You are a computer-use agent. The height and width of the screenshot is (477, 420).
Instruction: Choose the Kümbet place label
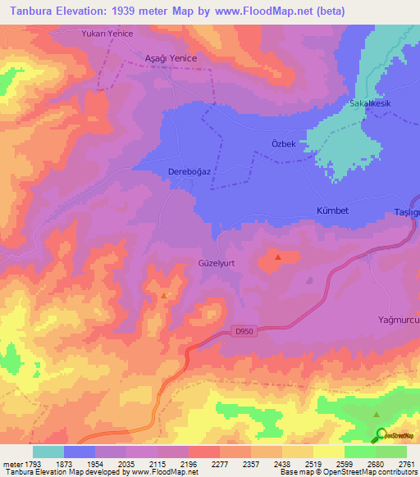click(x=332, y=211)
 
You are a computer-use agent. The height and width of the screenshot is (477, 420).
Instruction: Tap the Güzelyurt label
click(x=217, y=263)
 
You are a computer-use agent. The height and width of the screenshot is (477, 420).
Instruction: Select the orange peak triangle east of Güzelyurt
click(x=278, y=257)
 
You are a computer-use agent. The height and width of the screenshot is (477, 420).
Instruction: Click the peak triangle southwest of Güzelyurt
click(x=165, y=295)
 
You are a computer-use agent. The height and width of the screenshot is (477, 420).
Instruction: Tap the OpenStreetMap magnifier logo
click(x=381, y=434)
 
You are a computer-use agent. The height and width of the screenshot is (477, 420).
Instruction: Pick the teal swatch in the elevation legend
click(x=48, y=452)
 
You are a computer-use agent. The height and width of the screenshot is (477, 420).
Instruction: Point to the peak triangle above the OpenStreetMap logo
click(x=377, y=416)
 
